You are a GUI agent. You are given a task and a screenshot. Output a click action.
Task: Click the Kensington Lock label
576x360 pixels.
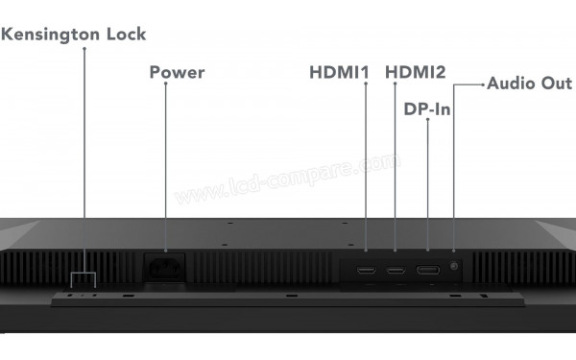[74, 35]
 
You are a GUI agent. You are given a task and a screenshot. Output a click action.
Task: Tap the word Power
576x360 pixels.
[177, 72]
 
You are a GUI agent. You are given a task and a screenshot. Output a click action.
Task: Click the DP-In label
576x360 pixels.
[426, 109]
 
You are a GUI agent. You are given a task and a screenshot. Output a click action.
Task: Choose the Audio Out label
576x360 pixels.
[529, 84]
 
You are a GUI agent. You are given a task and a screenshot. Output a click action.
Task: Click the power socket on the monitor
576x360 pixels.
[165, 265]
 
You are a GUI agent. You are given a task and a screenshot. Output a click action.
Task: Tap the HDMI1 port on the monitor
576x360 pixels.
[367, 270]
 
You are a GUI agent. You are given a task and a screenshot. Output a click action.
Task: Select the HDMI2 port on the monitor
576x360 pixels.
[396, 270]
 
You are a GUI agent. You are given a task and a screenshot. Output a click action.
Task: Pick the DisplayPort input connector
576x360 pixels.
[427, 270]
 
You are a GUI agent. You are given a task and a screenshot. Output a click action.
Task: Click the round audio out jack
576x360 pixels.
[454, 265]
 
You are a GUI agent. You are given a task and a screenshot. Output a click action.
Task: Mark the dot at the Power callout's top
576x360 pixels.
[165, 84]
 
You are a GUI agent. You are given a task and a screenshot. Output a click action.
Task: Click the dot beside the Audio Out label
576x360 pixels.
[481, 84]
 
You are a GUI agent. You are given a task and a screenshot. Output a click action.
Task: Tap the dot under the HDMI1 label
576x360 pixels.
[367, 84]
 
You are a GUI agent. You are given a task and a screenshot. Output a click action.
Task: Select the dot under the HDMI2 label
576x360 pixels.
[396, 84]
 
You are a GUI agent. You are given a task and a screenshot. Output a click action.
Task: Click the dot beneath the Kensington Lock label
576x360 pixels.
[84, 48]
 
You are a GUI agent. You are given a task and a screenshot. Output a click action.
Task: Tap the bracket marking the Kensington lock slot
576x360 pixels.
[84, 276]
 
